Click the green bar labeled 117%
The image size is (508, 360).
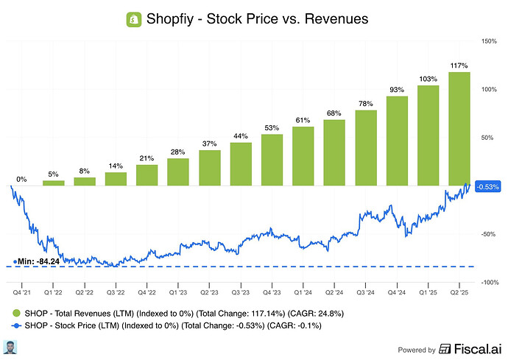[460, 128]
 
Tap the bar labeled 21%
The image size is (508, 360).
[147, 174]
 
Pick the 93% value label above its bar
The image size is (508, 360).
[398, 90]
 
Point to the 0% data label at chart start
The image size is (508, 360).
[22, 179]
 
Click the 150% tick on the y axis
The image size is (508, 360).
[486, 41]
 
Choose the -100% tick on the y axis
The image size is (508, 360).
[485, 282]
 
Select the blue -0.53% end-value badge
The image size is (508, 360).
[489, 186]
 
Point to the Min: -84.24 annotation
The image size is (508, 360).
[37, 261]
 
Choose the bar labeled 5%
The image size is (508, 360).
[53, 183]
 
